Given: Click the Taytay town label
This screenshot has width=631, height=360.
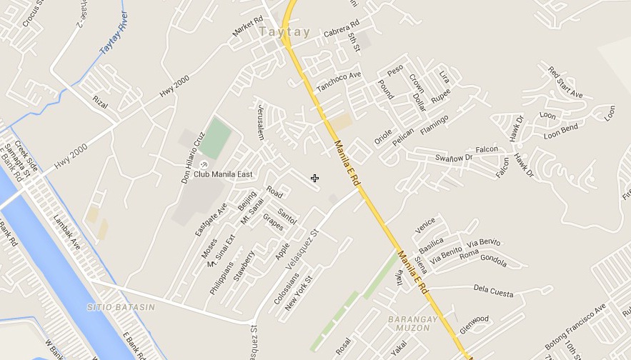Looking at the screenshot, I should pyautogui.click(x=284, y=32).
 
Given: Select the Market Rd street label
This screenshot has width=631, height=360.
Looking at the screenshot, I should pyautogui.click(x=247, y=27).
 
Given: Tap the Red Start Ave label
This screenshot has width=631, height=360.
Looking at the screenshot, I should pyautogui.click(x=565, y=82).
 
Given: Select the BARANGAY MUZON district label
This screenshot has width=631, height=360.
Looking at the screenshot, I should pyautogui.click(x=408, y=324).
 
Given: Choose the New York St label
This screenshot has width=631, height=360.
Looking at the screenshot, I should pyautogui.click(x=299, y=293).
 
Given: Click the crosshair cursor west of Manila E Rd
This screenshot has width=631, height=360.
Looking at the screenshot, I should pyautogui.click(x=314, y=178).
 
